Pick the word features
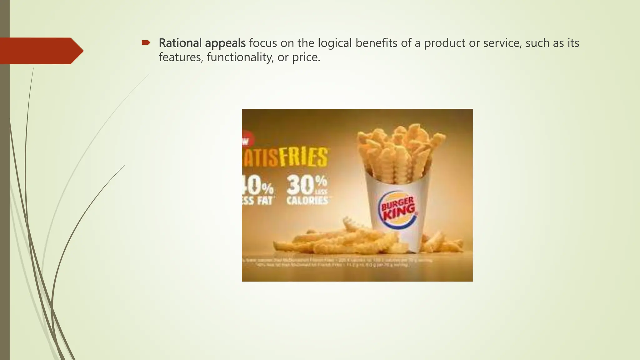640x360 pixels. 181,57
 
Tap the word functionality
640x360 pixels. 240,57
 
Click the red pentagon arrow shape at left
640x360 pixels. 41,51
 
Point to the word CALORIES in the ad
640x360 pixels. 307,201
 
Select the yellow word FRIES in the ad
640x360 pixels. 303,157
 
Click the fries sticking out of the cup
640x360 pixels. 400,150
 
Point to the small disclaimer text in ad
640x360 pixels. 337,262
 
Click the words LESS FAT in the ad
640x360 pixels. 258,201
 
